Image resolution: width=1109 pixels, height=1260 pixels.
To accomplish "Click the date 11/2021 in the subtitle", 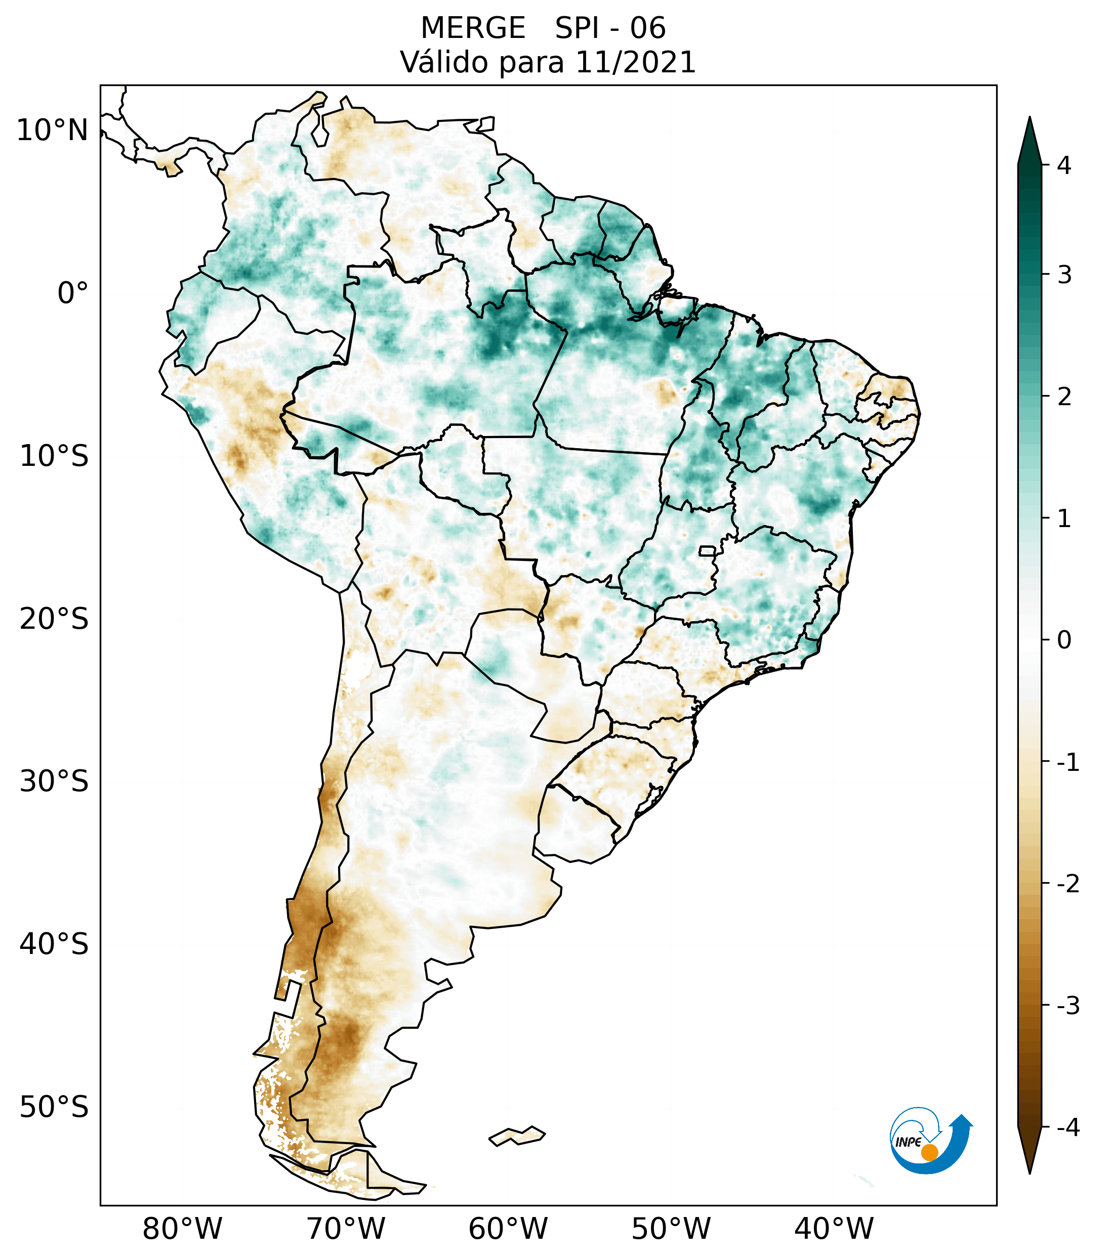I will click(635, 62).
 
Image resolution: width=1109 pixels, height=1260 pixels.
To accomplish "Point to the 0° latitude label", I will click(73, 293).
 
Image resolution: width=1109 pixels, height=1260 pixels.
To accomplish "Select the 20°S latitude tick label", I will click(54, 619).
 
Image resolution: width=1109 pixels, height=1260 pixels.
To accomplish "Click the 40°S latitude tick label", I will click(54, 944).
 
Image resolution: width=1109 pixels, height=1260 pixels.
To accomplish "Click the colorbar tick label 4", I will click(1064, 165).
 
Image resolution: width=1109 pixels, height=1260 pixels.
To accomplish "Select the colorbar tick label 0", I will click(1064, 640).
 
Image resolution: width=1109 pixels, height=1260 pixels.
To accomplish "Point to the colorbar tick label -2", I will click(1067, 884).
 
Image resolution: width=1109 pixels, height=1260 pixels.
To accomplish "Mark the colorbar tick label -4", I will click(1067, 1128).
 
